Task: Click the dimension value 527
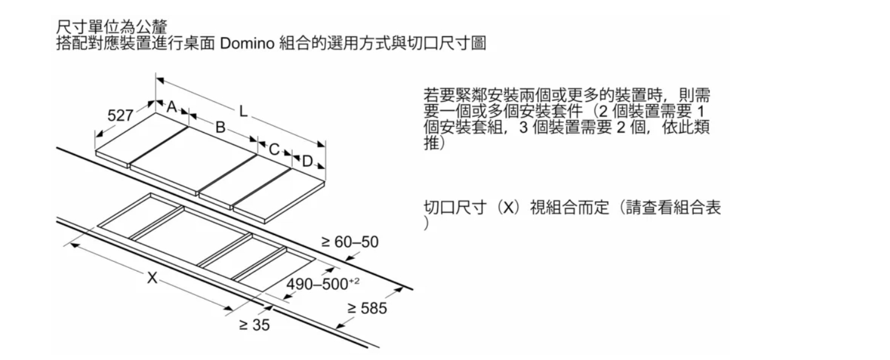click(x=120, y=115)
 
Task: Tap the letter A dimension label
click(x=171, y=107)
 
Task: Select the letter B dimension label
click(x=220, y=127)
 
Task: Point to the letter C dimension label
click(x=274, y=149)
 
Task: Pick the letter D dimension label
click(x=307, y=161)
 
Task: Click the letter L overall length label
click(x=243, y=112)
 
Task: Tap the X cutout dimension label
click(x=152, y=278)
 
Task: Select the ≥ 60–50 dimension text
click(x=350, y=242)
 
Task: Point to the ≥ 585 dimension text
click(x=367, y=308)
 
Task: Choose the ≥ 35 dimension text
click(x=254, y=325)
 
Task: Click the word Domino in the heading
click(x=247, y=43)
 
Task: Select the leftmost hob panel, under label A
click(x=141, y=139)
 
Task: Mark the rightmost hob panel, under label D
click(x=279, y=196)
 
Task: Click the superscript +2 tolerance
click(x=354, y=281)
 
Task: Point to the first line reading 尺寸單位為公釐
click(x=111, y=27)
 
